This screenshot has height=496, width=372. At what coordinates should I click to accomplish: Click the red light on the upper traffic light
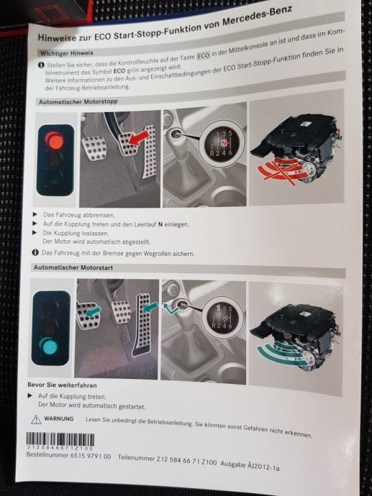54,140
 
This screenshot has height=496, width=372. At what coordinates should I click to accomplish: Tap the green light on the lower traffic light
48,346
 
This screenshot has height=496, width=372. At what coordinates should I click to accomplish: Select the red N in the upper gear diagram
224,142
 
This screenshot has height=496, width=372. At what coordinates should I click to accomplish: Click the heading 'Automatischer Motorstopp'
78,102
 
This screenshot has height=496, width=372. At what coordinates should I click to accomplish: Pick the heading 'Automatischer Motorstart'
73,267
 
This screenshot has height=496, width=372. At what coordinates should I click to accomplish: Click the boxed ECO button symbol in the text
203,55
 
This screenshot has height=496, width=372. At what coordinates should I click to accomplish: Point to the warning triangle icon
36,420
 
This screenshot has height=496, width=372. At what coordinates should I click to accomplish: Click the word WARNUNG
59,419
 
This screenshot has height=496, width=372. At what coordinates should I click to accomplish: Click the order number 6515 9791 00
90,456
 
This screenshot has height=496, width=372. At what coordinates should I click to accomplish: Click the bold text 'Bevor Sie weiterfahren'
63,385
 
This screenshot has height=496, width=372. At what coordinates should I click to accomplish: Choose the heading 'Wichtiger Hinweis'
67,53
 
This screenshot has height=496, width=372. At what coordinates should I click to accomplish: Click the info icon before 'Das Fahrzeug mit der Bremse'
35,252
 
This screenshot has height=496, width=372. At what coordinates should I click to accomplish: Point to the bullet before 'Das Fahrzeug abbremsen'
35,214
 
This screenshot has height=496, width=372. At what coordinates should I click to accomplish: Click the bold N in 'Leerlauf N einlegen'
160,224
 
